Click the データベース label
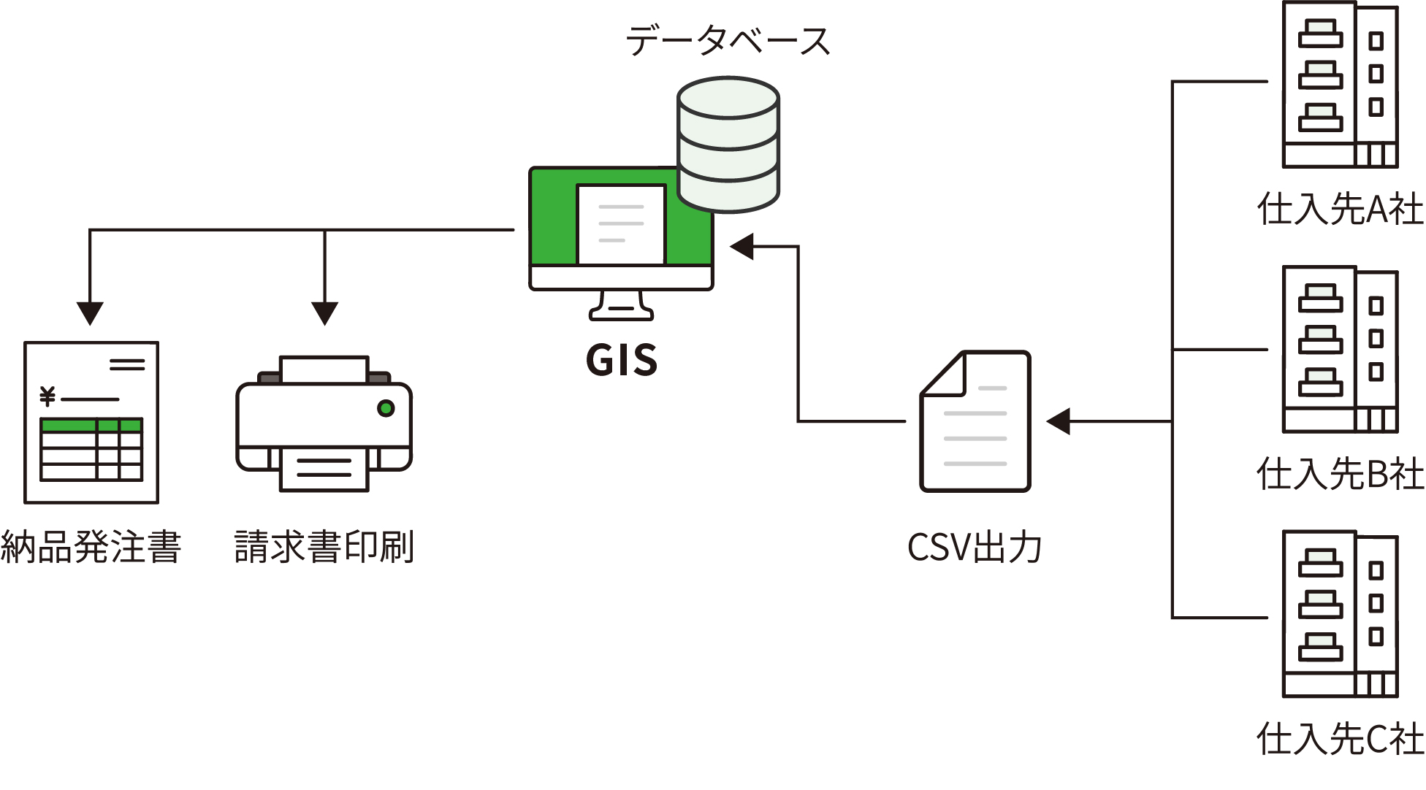(x=728, y=41)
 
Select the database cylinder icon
(x=728, y=145)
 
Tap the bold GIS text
(x=622, y=360)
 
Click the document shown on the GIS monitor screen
(x=621, y=223)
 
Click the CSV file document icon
(x=975, y=422)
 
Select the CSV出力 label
(x=975, y=547)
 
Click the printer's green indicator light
(x=386, y=408)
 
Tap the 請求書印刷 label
(x=324, y=547)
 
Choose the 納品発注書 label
(x=91, y=547)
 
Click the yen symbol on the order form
(x=47, y=396)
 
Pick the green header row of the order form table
(x=91, y=425)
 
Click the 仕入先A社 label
(x=1340, y=210)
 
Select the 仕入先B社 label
(x=1340, y=474)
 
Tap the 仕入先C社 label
(x=1340, y=739)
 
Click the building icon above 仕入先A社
(x=1340, y=85)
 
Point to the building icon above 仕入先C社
(x=1340, y=614)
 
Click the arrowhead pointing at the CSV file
(x=1059, y=421)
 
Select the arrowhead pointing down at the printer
(x=324, y=313)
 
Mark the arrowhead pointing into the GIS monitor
(x=742, y=247)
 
